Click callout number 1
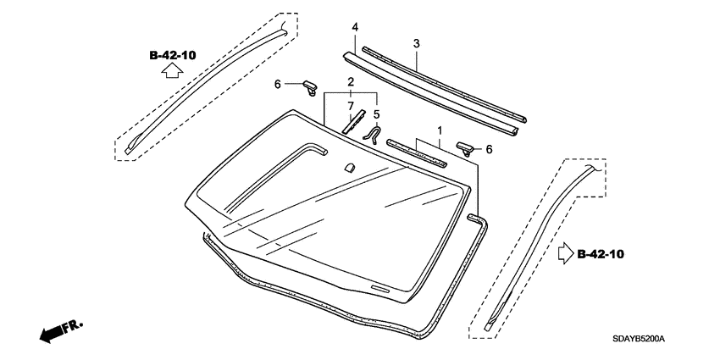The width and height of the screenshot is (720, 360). coord(440,131)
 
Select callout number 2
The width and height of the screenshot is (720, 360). coord(349,81)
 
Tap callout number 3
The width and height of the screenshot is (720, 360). coord(417,42)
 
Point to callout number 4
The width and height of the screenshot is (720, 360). coord(355,28)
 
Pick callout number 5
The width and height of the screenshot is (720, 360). coord(377,114)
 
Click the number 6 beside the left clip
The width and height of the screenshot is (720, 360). coord(276,84)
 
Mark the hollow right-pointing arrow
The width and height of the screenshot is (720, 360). coord(565,253)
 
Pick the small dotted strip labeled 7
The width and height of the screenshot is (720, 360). coord(351,120)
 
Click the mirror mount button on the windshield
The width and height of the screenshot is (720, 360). coord(347,168)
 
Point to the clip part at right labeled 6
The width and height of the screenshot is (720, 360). coord(466,147)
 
